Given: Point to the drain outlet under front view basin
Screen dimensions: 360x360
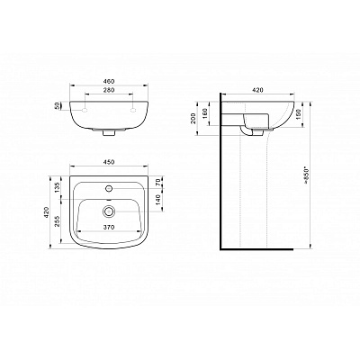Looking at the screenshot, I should tap(108, 134).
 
